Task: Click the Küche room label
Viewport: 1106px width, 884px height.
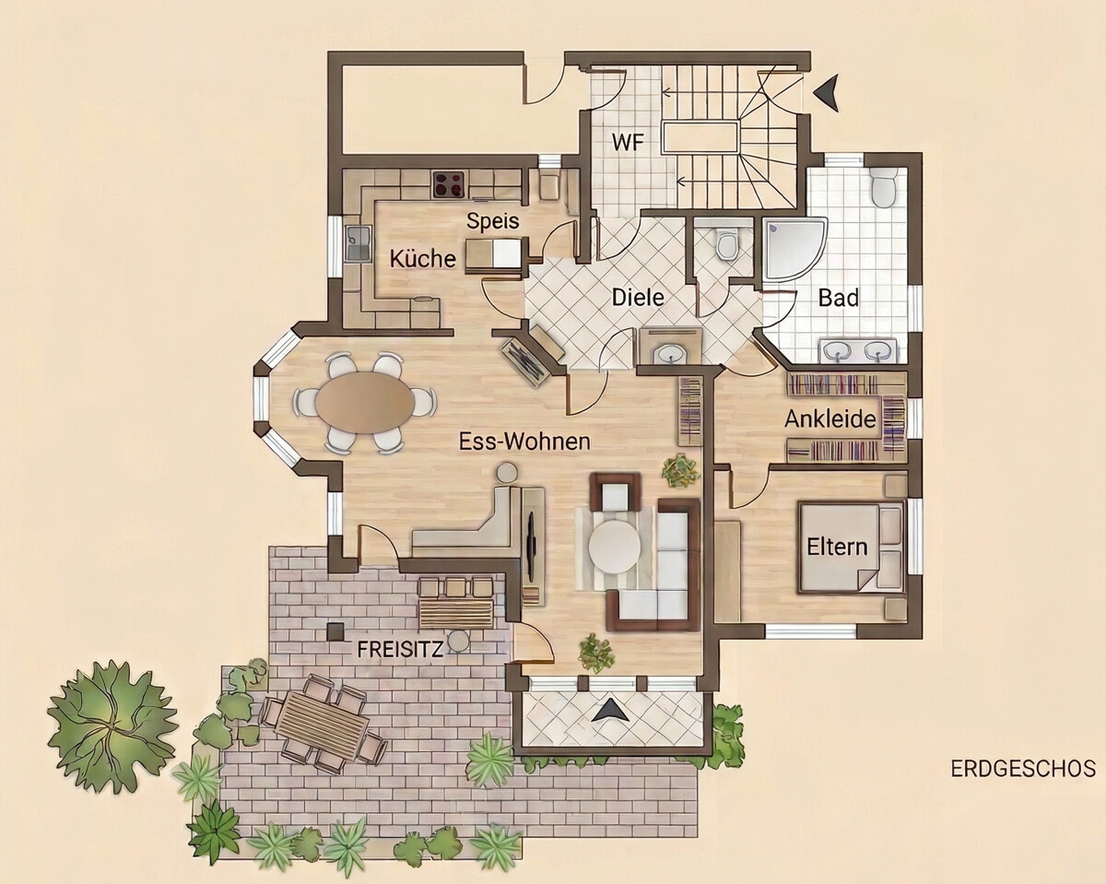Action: point(423,258)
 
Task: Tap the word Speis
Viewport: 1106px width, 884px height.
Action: point(493,221)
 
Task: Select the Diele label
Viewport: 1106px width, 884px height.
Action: point(638,297)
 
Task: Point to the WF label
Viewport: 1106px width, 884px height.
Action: point(628,142)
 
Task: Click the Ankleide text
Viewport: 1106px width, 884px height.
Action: point(830,419)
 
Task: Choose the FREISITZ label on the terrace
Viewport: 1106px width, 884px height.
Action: point(400,650)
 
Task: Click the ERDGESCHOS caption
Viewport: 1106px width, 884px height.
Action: point(1023,783)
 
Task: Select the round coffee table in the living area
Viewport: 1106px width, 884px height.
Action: point(615,547)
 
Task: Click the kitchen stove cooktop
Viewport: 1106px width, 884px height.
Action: point(450,185)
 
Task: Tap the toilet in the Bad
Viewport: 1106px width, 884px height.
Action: point(885,188)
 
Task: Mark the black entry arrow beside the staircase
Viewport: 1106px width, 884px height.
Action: point(827,92)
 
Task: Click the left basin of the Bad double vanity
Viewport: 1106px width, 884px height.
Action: point(837,350)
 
